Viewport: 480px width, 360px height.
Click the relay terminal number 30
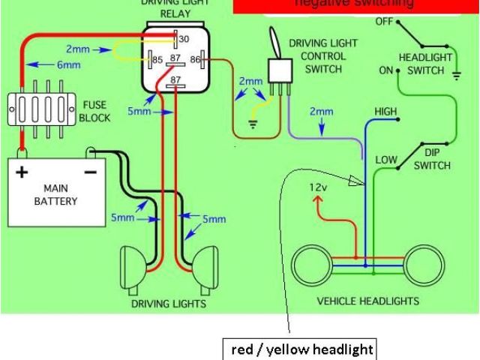tap(183, 40)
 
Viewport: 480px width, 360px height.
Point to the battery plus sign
tap(22, 172)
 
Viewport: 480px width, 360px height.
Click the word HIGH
tap(385, 112)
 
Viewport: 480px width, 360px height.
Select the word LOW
tap(385, 160)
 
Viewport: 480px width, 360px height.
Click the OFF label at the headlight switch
tap(383, 22)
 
